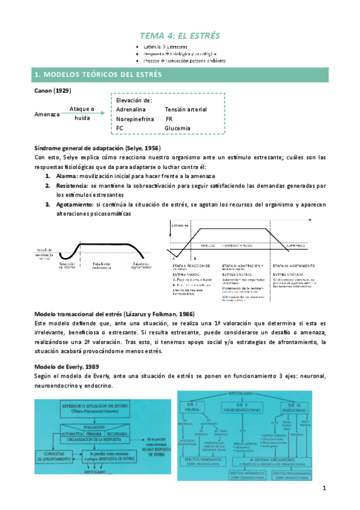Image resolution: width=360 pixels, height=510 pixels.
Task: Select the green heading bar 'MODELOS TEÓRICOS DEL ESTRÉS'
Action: [180, 75]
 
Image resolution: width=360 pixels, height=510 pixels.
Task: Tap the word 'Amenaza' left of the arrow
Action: [46, 114]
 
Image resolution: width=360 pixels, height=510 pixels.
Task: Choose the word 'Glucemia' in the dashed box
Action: [177, 128]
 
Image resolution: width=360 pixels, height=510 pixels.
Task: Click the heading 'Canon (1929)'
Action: [54, 90]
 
